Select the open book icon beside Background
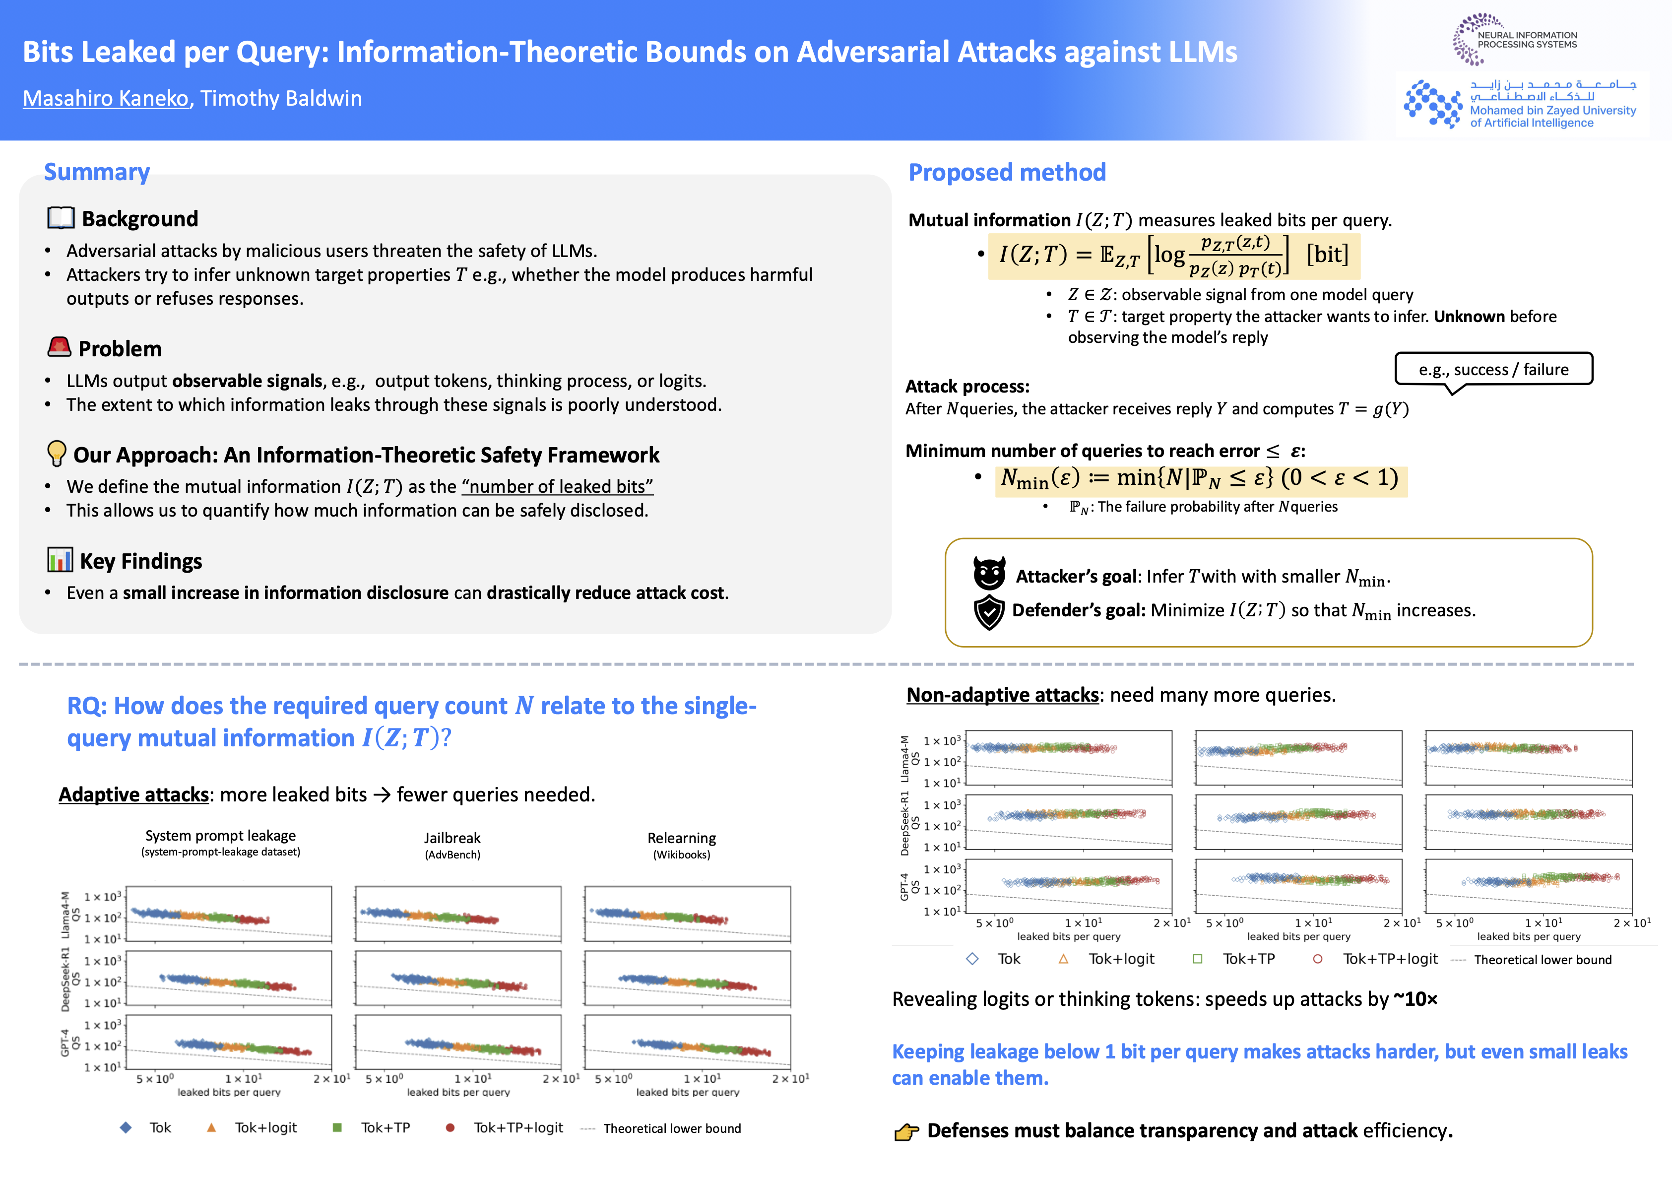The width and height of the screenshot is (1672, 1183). [61, 218]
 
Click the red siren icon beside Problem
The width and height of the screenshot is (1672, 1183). [59, 347]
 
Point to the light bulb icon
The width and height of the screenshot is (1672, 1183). [56, 453]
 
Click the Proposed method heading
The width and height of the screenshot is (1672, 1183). [1007, 173]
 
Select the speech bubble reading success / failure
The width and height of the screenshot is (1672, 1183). [1493, 369]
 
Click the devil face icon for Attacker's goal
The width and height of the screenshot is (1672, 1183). [989, 573]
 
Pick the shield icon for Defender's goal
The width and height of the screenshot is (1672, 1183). [989, 612]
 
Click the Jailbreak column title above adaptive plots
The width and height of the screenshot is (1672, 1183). [452, 839]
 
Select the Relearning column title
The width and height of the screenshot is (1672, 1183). [682, 839]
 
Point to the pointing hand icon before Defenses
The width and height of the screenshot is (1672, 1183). [906, 1132]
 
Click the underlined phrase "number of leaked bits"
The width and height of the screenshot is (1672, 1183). [557, 487]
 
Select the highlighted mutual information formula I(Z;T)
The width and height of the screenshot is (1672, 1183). [1174, 256]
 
